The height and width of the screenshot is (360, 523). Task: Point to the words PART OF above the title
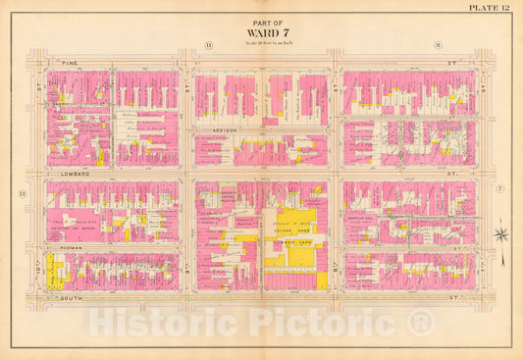pos(260,23)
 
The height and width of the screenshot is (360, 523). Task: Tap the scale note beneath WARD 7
pos(260,44)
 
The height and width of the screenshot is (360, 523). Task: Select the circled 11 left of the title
pos(208,45)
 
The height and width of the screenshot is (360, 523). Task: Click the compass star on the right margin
pos(501,234)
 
